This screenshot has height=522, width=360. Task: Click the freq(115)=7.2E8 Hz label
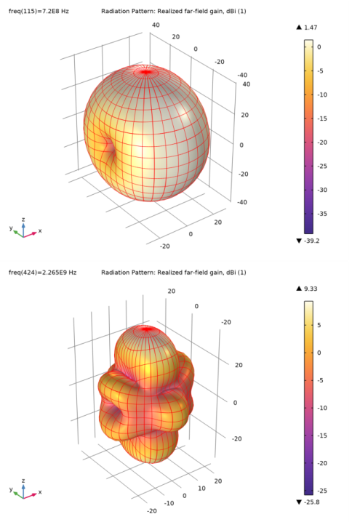[39, 12]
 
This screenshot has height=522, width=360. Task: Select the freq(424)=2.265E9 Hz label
[43, 273]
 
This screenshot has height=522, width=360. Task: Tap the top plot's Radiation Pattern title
[174, 12]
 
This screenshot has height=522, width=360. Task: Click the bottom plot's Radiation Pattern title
[174, 273]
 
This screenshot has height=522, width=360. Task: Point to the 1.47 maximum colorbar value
[311, 28]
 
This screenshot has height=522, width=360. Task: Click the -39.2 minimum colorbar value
[311, 241]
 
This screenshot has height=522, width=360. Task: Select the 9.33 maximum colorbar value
[311, 289]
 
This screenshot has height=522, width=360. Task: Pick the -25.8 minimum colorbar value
[311, 502]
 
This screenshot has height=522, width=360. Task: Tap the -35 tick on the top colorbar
[321, 214]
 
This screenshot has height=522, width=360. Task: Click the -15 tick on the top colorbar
[321, 119]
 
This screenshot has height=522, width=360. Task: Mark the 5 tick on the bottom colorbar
[319, 325]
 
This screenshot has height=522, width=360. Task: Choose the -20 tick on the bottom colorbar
[321, 463]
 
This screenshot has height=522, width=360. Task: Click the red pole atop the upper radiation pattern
[146, 71]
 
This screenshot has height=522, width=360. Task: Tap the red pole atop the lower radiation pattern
[146, 329]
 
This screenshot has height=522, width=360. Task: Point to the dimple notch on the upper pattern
[109, 146]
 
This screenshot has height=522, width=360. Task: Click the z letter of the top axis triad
[23, 220]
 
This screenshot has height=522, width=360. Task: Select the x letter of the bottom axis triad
[40, 492]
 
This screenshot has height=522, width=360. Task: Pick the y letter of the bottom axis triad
[11, 489]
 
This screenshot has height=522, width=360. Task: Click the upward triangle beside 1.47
[299, 28]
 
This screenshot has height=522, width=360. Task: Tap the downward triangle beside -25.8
[299, 502]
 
